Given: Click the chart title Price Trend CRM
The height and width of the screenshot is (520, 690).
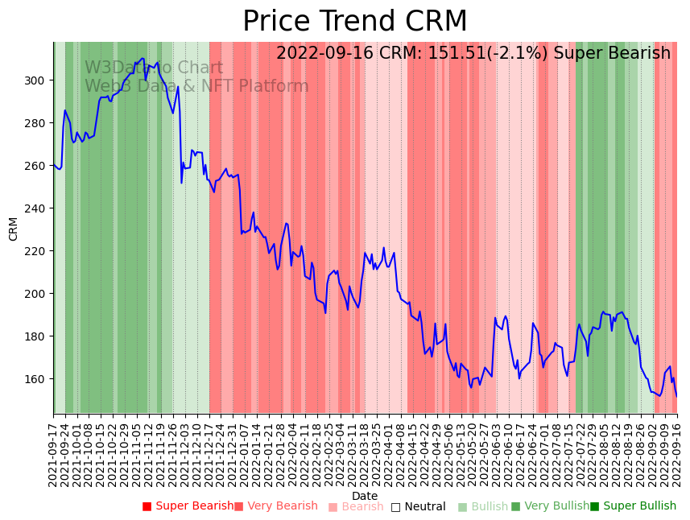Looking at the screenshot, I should (354, 22).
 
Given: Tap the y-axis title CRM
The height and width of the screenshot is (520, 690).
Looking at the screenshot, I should (13, 229).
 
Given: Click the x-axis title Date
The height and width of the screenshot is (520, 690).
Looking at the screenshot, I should (365, 496).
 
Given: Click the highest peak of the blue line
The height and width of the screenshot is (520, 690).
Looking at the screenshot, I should (143, 59).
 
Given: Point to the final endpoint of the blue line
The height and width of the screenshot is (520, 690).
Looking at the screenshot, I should (676, 396).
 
